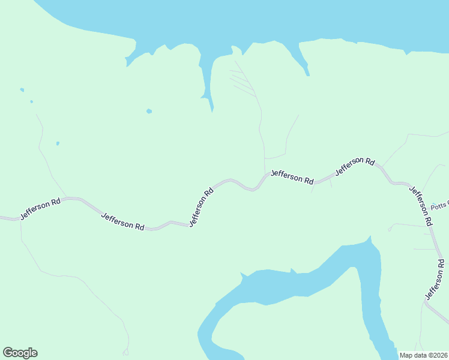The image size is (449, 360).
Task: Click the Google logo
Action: [x=20, y=353]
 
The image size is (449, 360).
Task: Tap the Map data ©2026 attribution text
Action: [x=423, y=355]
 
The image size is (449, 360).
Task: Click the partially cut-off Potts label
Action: [x=440, y=205]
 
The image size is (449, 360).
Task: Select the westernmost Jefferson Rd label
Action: [x=40, y=209]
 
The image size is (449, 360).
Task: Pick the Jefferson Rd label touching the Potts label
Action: [x=421, y=206]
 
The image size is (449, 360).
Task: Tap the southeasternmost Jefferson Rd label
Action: [x=436, y=280]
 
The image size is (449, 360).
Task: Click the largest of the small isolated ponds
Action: [x=149, y=111]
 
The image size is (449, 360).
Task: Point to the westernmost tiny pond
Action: [x=22, y=90]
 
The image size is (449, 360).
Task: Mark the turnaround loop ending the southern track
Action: [x=125, y=352]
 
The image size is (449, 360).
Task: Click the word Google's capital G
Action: [x=8, y=353]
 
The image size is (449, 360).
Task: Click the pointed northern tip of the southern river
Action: [x=370, y=238]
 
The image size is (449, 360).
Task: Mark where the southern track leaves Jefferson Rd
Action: [x=21, y=221]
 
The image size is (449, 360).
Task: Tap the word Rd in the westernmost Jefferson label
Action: [x=55, y=203]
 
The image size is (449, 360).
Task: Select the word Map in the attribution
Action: [x=406, y=355]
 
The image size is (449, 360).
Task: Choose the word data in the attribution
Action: [x=420, y=355]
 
